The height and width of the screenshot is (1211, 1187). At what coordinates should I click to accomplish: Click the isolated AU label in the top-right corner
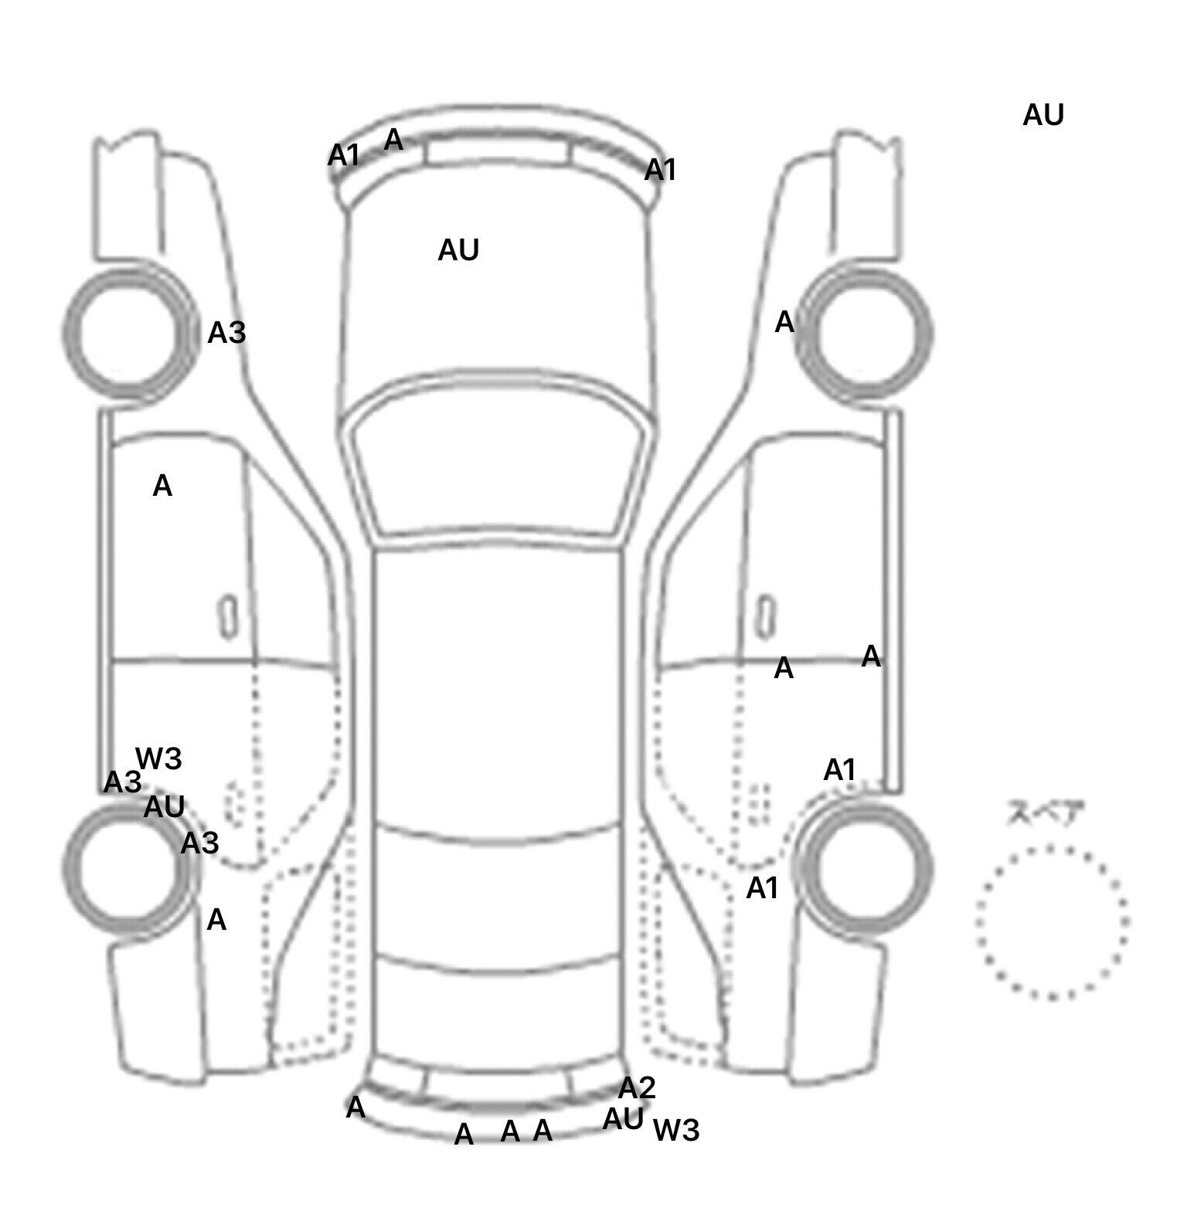(x=1042, y=115)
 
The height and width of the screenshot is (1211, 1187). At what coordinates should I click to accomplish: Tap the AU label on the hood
(x=458, y=250)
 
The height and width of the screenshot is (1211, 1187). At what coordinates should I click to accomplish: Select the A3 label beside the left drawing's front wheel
(x=226, y=333)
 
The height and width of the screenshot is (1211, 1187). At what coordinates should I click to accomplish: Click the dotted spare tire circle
(x=1052, y=922)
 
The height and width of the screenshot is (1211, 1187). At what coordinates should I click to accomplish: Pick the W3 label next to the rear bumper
(x=676, y=1130)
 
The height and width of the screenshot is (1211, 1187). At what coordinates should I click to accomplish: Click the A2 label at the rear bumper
(x=637, y=1087)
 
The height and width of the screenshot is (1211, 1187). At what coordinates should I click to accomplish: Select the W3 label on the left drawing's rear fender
(x=158, y=758)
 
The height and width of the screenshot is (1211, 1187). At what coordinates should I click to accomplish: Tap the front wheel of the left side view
(x=130, y=334)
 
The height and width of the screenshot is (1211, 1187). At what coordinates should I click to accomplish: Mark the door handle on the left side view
(x=229, y=617)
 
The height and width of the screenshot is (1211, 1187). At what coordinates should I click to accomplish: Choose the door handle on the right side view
(x=765, y=617)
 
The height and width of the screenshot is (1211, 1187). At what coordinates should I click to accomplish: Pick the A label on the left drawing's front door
(x=162, y=486)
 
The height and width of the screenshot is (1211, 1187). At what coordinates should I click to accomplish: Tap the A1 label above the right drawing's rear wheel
(x=839, y=769)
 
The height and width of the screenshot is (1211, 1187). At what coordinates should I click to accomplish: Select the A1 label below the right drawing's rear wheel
(x=762, y=888)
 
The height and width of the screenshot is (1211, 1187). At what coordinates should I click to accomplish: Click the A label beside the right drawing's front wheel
(x=784, y=321)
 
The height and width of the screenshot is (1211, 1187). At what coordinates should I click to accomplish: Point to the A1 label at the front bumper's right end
(x=660, y=169)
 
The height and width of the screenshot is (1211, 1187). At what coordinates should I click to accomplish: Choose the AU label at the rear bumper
(x=623, y=1118)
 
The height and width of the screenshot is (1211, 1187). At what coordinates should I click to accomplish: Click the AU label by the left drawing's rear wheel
(x=164, y=807)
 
